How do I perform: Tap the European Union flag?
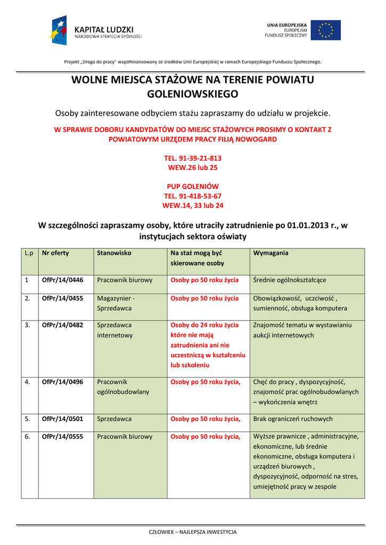pyautogui.click(x=325, y=30)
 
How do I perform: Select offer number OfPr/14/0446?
pyautogui.click(x=62, y=279)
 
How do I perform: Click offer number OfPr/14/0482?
pyautogui.click(x=62, y=325)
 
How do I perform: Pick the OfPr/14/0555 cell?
pyautogui.click(x=62, y=436)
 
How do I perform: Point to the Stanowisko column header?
pyautogui.click(x=114, y=253)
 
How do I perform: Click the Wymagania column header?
pyautogui.click(x=271, y=253)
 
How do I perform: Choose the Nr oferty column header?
pyautogui.click(x=55, y=253)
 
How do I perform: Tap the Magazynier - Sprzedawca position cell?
pyautogui.click(x=116, y=303)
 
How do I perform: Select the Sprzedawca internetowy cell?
pyautogui.click(x=114, y=330)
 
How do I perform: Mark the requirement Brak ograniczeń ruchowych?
pyautogui.click(x=293, y=419)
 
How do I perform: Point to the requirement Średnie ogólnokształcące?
pyautogui.click(x=290, y=279)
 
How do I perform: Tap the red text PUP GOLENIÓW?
pyautogui.click(x=193, y=186)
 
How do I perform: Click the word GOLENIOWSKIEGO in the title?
pyautogui.click(x=193, y=94)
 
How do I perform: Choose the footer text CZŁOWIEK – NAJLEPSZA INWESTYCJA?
pyautogui.click(x=193, y=532)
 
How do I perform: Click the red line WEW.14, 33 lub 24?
pyautogui.click(x=193, y=205)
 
